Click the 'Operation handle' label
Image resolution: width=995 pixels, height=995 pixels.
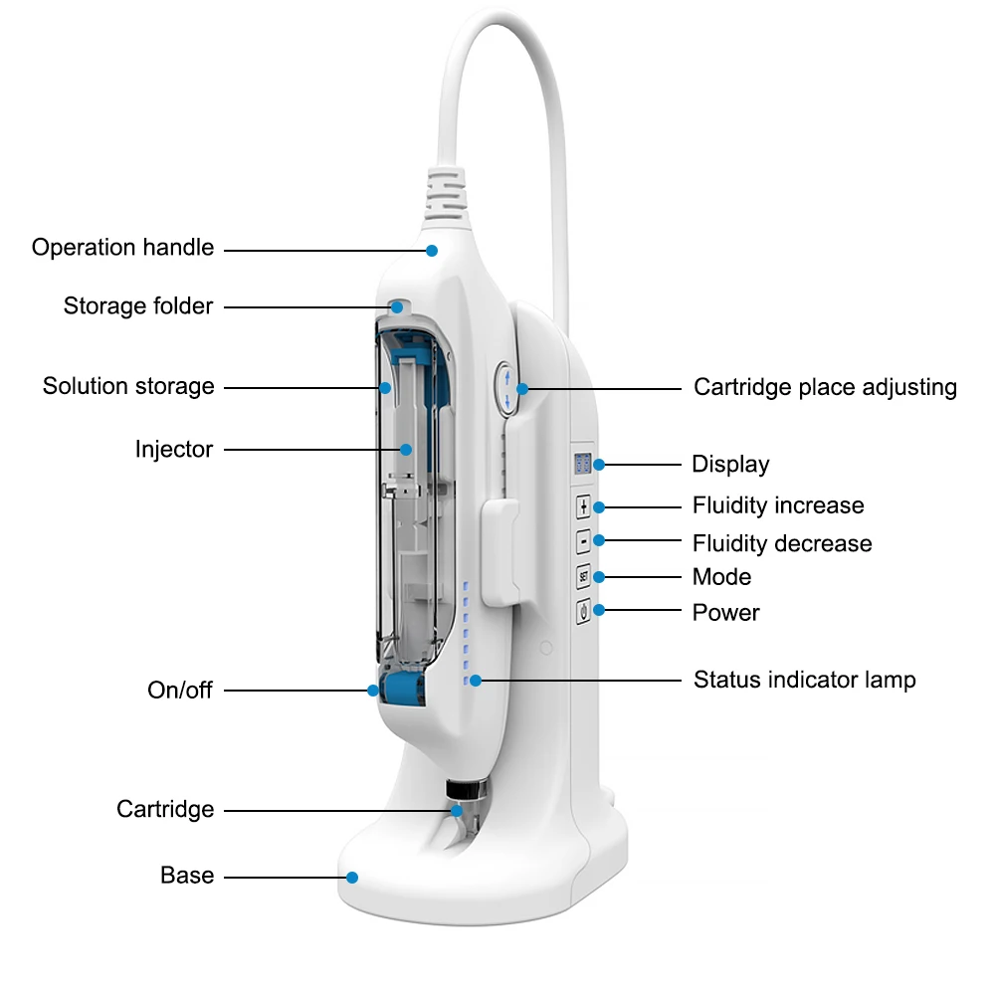coord(122,248)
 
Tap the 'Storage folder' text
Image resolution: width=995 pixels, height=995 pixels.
coord(138,305)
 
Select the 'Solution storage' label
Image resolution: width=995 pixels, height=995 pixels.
coord(128,386)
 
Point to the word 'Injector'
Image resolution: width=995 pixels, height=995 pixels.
coord(174,450)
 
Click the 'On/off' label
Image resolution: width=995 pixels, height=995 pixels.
coord(180,690)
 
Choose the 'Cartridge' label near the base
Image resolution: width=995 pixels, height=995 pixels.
coord(165,809)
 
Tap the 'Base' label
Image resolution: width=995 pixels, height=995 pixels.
coord(187,876)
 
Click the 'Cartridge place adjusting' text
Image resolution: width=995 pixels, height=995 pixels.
coord(825,387)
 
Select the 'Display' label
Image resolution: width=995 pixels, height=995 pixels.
coord(730,465)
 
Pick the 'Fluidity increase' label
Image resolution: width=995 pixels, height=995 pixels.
coord(778,505)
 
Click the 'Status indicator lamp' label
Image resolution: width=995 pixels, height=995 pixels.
coord(804,681)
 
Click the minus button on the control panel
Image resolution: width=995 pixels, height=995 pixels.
coord(583,541)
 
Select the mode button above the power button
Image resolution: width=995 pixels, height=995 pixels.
coord(583,576)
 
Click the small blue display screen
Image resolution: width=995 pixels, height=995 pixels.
coord(583,464)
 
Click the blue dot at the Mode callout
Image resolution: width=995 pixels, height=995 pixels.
coord(599,577)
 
